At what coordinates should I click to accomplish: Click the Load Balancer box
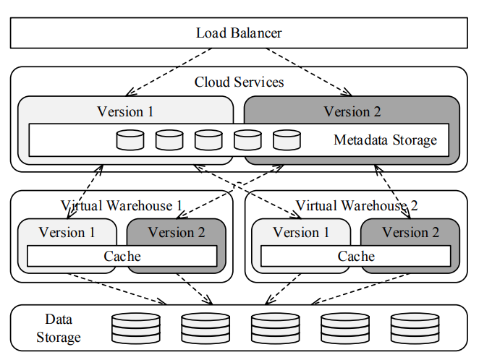click(x=239, y=33)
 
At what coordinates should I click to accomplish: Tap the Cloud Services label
click(x=239, y=82)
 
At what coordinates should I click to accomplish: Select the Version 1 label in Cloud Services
click(x=125, y=111)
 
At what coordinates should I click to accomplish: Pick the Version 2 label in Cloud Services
click(x=352, y=111)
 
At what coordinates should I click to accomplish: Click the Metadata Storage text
click(x=385, y=140)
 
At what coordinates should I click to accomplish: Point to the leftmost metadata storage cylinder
click(x=130, y=140)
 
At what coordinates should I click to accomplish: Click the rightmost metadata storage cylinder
click(x=287, y=140)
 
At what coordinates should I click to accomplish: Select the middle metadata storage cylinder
click(x=208, y=140)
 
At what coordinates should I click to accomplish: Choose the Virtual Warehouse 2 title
click(x=357, y=206)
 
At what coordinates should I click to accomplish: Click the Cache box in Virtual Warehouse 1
click(x=122, y=256)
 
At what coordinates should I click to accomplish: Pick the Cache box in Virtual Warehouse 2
click(x=356, y=256)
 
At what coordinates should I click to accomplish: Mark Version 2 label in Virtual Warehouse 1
click(x=177, y=232)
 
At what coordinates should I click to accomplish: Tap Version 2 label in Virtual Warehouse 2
click(x=410, y=232)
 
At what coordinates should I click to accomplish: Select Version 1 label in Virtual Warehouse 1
click(x=67, y=232)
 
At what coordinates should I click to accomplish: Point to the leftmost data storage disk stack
click(x=135, y=327)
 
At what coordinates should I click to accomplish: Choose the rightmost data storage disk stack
click(x=415, y=327)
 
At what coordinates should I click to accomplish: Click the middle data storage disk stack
click(x=275, y=327)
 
